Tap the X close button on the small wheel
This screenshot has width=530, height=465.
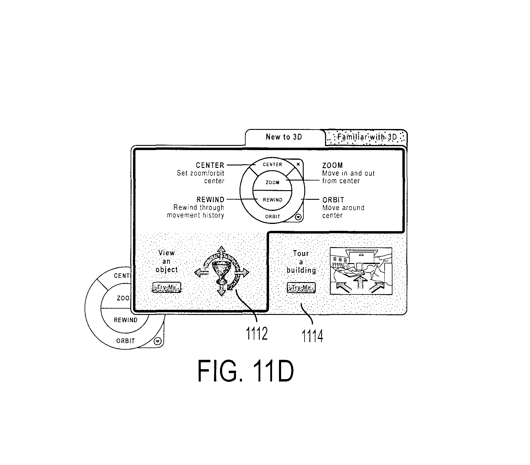pos(298,164)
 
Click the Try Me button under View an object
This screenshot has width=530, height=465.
pos(166,287)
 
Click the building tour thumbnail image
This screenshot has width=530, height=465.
pos(361,271)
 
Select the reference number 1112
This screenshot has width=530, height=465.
pos(257,334)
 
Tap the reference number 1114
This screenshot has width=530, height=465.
pos(313,336)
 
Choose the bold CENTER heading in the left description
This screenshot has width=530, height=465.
pos(210,165)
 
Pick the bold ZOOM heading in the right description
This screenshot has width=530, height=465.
pos(333,165)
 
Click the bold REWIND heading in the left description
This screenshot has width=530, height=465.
pos(210,200)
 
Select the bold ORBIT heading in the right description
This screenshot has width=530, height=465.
pos(333,200)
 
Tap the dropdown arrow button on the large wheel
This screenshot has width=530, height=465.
pos(157,341)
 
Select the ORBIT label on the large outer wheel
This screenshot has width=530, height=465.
pos(126,341)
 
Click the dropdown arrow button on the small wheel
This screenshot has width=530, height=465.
pos(298,217)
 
